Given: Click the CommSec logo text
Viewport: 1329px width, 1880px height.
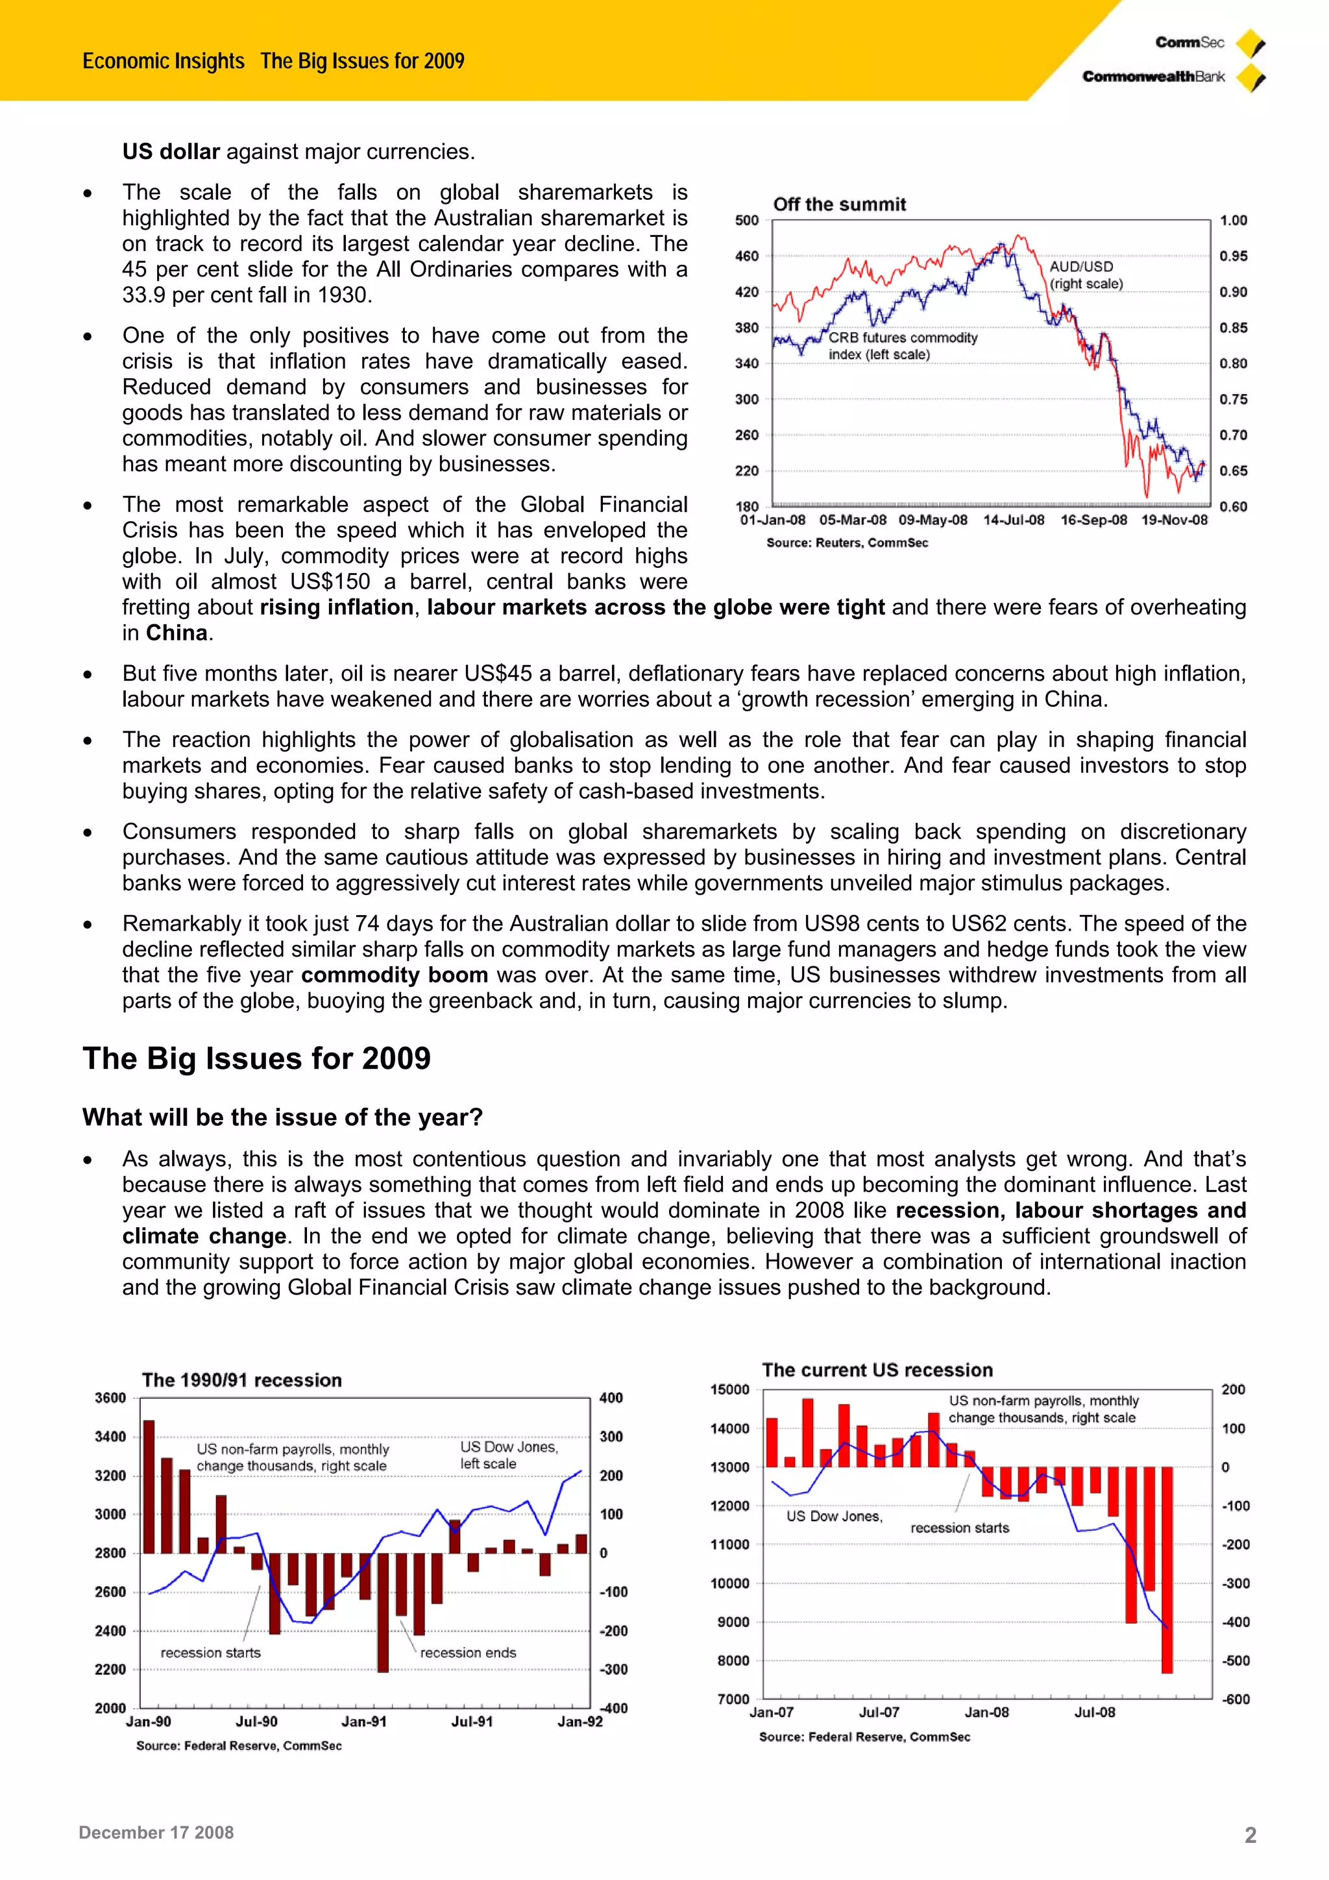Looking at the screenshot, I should coord(1189,43).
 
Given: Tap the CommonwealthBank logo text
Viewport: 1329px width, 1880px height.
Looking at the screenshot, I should coord(1153,77).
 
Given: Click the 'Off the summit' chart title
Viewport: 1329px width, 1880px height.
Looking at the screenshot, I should coord(839,204).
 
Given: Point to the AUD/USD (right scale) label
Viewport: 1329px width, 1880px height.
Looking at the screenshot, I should coord(1085,275).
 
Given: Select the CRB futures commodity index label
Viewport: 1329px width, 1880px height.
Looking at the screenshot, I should coord(903,345).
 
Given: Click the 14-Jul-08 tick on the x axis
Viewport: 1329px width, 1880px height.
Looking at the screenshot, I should coord(1013,520).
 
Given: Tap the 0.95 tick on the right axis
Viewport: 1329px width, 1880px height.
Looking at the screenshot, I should coord(1232,256).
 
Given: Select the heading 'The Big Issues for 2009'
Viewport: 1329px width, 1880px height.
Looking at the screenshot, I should coord(256,1058).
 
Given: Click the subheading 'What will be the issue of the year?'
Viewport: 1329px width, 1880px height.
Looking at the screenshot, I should coord(282,1117).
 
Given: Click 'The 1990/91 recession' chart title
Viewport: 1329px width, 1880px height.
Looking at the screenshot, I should coord(241,1380).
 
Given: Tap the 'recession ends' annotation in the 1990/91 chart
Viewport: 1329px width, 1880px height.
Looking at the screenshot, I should coord(468,1652).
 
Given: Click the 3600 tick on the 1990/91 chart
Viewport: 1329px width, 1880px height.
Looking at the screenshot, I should coord(110,1398).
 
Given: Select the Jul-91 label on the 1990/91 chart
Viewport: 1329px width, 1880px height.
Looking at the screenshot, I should coord(472,1721).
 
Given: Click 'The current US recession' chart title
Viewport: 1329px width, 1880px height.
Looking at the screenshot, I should coord(877,1370).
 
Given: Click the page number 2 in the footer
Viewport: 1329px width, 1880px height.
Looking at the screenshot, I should coord(1250,1835).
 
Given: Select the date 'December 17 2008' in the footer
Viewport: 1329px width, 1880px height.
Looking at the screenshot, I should coord(156,1833).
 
